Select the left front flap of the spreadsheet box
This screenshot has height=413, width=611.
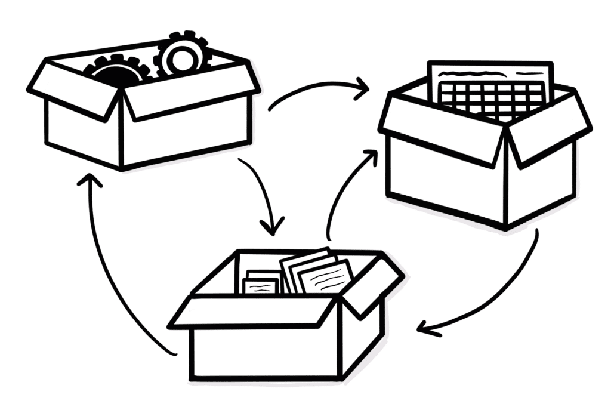click(442, 128)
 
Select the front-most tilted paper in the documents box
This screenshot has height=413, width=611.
click(326, 278)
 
